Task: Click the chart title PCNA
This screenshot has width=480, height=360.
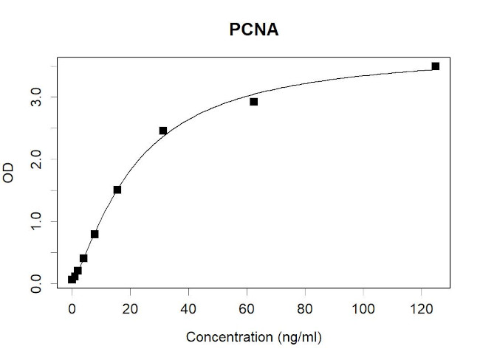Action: tap(253, 31)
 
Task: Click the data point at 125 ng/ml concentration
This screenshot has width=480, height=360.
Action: tap(436, 66)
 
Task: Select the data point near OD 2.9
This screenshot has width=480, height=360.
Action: tap(253, 102)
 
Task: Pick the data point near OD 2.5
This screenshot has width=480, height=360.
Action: tap(163, 131)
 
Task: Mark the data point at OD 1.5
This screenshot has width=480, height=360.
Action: tap(117, 190)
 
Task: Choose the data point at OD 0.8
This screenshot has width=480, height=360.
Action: tap(95, 234)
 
